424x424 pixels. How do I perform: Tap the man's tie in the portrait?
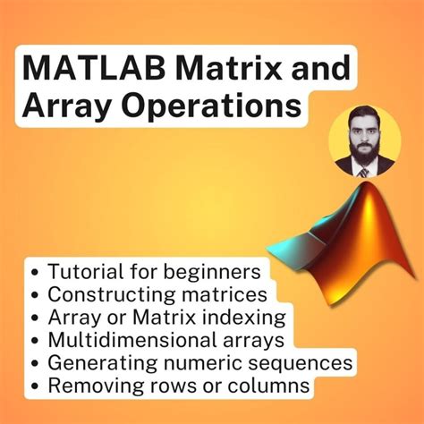click(x=363, y=170)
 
